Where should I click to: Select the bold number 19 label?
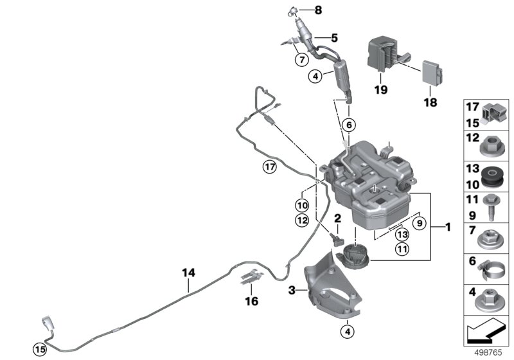pyautogui.click(x=381, y=91)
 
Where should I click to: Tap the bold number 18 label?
pyautogui.click(x=429, y=102)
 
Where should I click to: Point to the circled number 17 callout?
pyautogui.click(x=270, y=167)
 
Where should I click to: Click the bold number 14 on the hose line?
pyautogui.click(x=188, y=273)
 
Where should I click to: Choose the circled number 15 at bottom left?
pyautogui.click(x=40, y=349)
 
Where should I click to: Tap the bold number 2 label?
pyautogui.click(x=337, y=219)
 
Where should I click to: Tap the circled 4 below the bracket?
pyautogui.click(x=348, y=332)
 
